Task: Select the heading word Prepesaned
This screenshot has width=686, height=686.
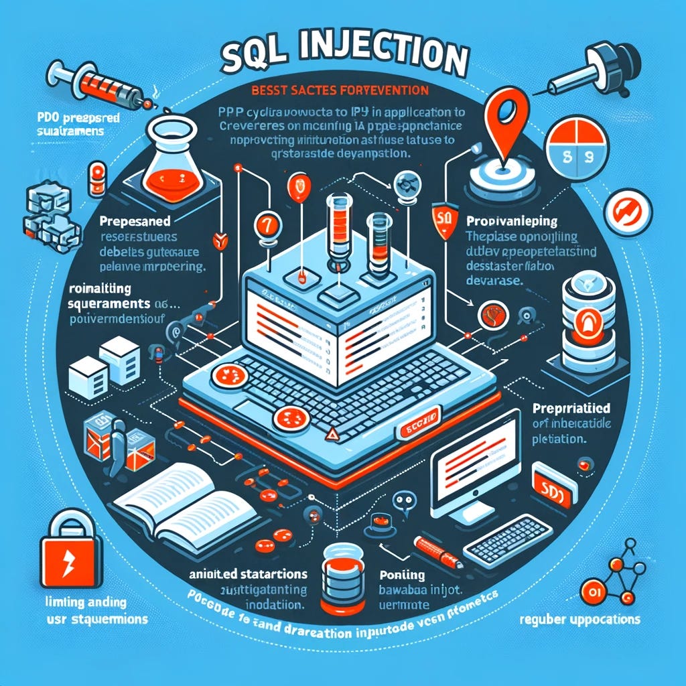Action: click(135, 220)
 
